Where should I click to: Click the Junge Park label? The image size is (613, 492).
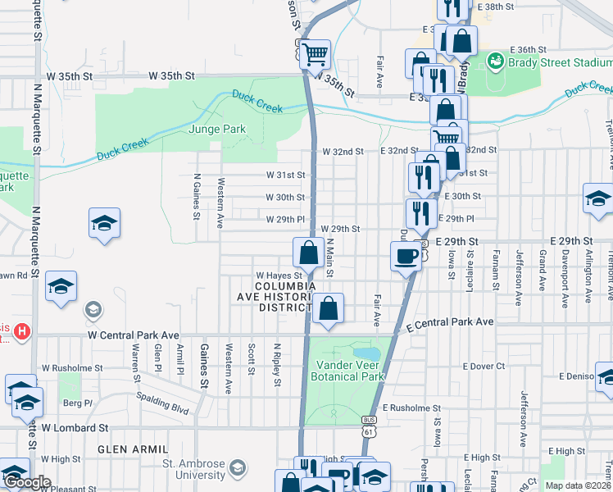pos(217,129)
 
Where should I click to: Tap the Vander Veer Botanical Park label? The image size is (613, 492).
pos(347,370)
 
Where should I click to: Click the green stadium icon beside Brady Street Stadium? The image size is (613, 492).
pos(495,61)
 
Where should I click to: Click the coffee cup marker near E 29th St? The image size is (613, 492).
pos(406,257)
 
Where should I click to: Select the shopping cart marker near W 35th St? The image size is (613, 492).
pos(315,55)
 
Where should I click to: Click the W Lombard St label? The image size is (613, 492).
pos(75,427)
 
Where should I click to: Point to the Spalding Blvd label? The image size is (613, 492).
pos(164,405)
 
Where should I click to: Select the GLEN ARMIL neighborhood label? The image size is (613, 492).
pos(133,449)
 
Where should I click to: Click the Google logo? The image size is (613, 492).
pos(27,482)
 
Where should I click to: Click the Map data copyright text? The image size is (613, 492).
pos(577,485)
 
